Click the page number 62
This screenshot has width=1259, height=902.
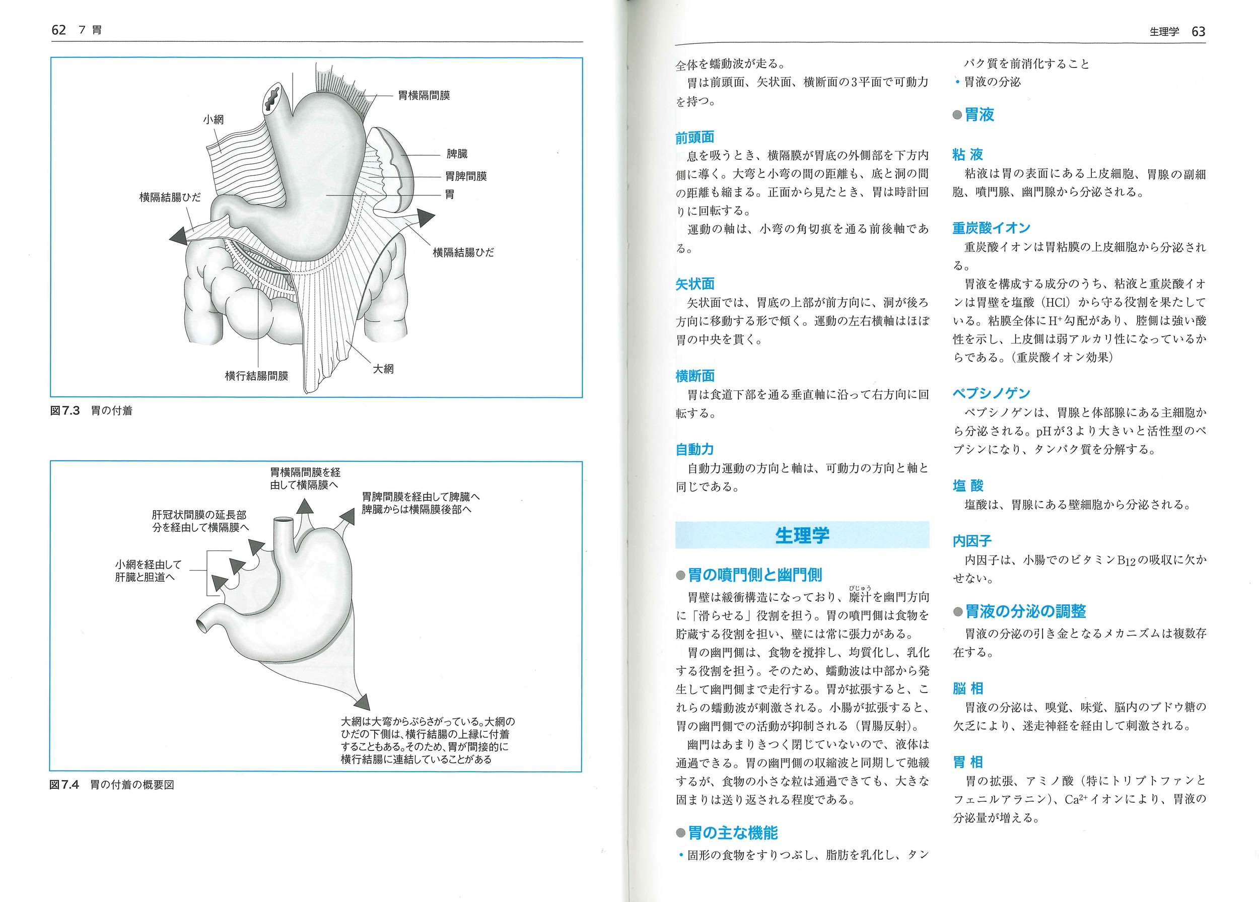pyautogui.click(x=58, y=30)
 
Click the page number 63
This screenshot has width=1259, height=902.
pyautogui.click(x=1198, y=32)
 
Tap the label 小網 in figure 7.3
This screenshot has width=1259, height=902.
pyautogui.click(x=213, y=119)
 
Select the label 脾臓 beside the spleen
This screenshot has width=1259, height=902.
pyautogui.click(x=457, y=154)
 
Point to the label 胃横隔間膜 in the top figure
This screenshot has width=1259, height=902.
pyautogui.click(x=424, y=96)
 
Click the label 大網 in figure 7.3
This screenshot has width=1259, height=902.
pyautogui.click(x=383, y=369)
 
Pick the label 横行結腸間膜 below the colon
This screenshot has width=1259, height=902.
pyautogui.click(x=256, y=376)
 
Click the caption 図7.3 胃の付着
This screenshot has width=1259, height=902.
pyautogui.click(x=92, y=411)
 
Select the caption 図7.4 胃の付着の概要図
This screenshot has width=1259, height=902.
pyautogui.click(x=112, y=784)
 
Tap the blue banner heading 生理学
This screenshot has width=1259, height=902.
pyautogui.click(x=802, y=535)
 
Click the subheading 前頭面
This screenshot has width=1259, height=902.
pyautogui.click(x=694, y=137)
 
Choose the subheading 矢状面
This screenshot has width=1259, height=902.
pyautogui.click(x=694, y=284)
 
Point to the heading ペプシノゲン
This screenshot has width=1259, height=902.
pyautogui.click(x=991, y=393)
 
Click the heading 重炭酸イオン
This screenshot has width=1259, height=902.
pyautogui.click(x=991, y=228)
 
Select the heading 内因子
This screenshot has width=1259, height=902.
pyautogui.click(x=971, y=540)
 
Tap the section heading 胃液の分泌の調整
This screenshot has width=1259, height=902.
pyautogui.click(x=1025, y=611)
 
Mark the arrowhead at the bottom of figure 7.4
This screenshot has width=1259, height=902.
pyautogui.click(x=362, y=702)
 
